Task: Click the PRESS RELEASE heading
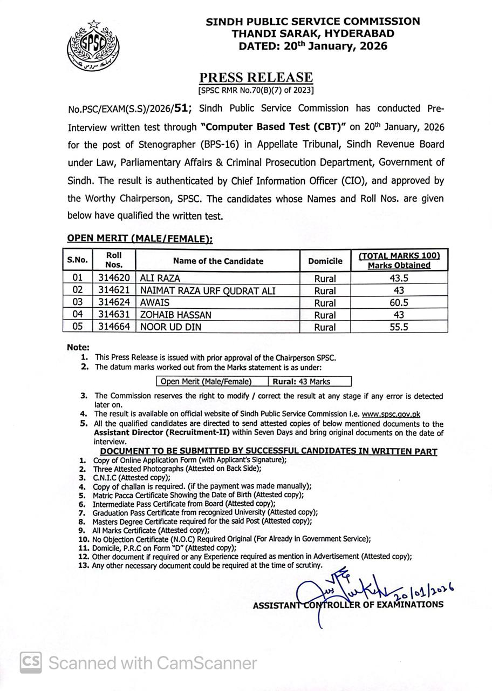point(256,77)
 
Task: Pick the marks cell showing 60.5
point(399,302)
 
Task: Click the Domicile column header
point(325,261)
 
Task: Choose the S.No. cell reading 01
point(77,278)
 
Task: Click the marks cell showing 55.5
point(399,327)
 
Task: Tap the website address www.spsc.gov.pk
point(391,414)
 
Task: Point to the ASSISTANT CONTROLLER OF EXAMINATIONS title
point(348,605)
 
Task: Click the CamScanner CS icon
point(31,662)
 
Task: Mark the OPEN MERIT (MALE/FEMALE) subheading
point(140,239)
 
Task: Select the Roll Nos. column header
point(114,260)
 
